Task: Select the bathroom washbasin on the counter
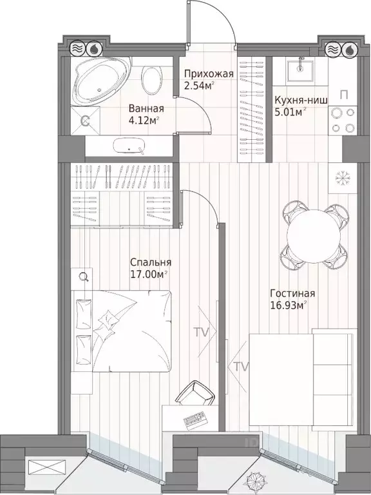coord(131,146)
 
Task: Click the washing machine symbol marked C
coord(84,120)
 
